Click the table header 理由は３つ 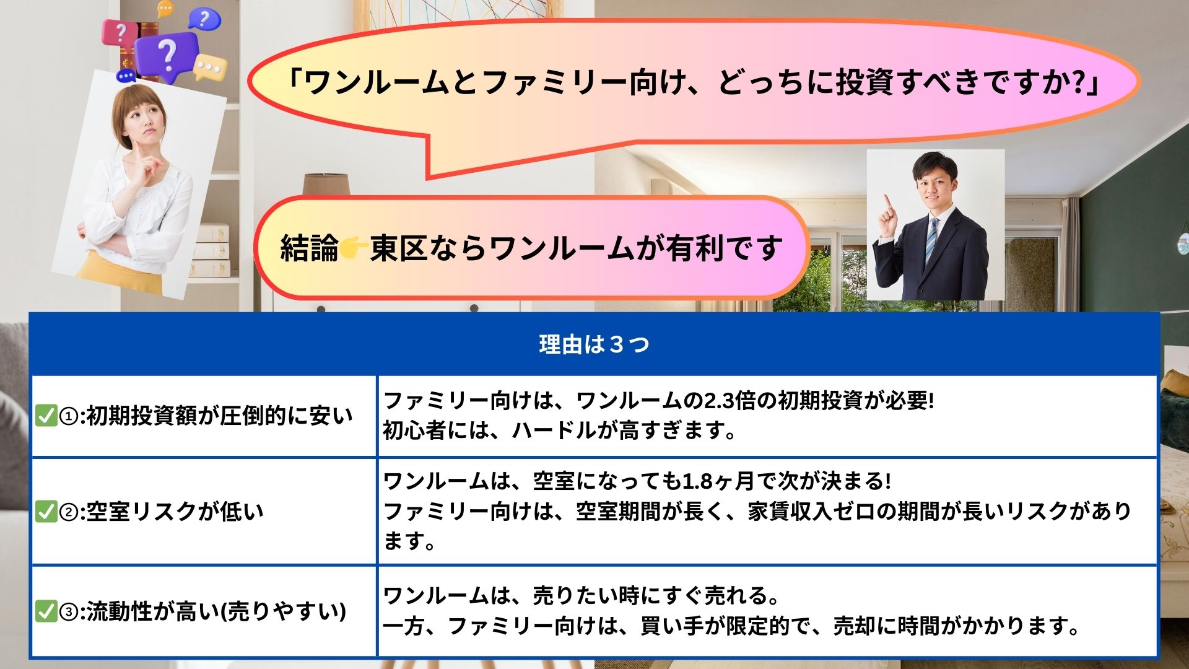pyautogui.click(x=594, y=344)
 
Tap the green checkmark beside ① pyautogui.click(x=46, y=415)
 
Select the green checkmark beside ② pyautogui.click(x=46, y=511)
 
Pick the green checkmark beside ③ pyautogui.click(x=46, y=611)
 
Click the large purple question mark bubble pyautogui.click(x=167, y=55)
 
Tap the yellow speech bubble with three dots pyautogui.click(x=211, y=67)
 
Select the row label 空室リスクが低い pyautogui.click(x=175, y=511)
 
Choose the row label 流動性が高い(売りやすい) pyautogui.click(x=216, y=611)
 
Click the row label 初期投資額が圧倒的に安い pyautogui.click(x=219, y=415)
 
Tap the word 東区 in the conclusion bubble pyautogui.click(x=399, y=248)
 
